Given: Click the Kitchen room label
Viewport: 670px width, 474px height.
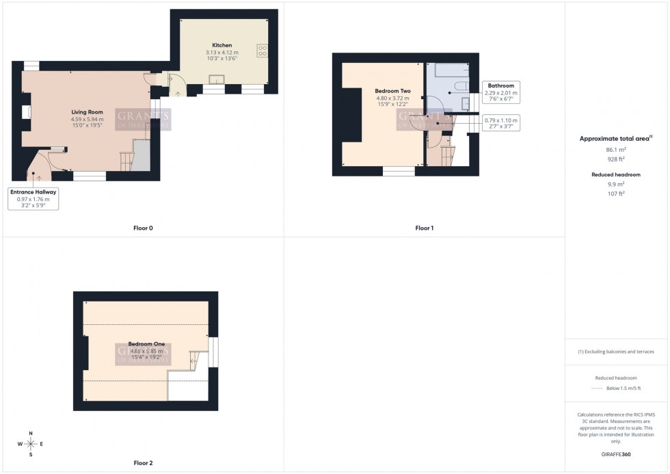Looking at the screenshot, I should [x=222, y=45].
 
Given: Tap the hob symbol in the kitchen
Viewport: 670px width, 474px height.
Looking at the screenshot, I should [x=261, y=49].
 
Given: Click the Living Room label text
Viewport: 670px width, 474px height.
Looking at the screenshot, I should [x=87, y=112].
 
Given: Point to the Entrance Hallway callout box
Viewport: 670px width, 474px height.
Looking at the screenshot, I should [x=33, y=199].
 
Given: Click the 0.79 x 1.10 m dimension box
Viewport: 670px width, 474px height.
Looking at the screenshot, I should [x=500, y=123].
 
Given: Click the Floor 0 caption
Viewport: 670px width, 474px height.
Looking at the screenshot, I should [x=142, y=228].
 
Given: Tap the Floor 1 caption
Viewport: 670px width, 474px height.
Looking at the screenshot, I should [x=424, y=228].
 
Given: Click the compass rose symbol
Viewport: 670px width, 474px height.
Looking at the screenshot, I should [x=31, y=444].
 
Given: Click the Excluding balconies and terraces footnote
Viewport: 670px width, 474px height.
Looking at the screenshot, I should [x=616, y=352].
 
